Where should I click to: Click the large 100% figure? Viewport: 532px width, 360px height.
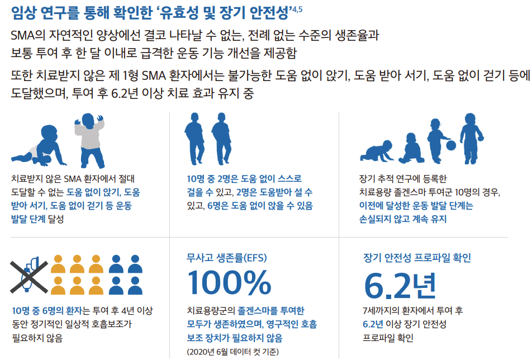coord(229,282)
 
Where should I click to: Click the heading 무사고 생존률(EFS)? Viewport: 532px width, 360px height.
coord(227,258)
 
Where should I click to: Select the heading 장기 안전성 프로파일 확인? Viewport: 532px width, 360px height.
coord(417,258)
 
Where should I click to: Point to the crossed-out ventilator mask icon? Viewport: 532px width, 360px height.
coord(29,276)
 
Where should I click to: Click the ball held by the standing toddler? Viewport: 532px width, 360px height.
coord(450,145)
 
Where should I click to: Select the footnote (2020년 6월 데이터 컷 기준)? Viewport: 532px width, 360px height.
coord(232,352)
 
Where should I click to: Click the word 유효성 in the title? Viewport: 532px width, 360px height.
coord(179,12)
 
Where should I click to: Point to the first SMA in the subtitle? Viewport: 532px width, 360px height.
coord(23,35)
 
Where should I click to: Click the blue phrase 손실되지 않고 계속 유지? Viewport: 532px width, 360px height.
coord(403,219)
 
